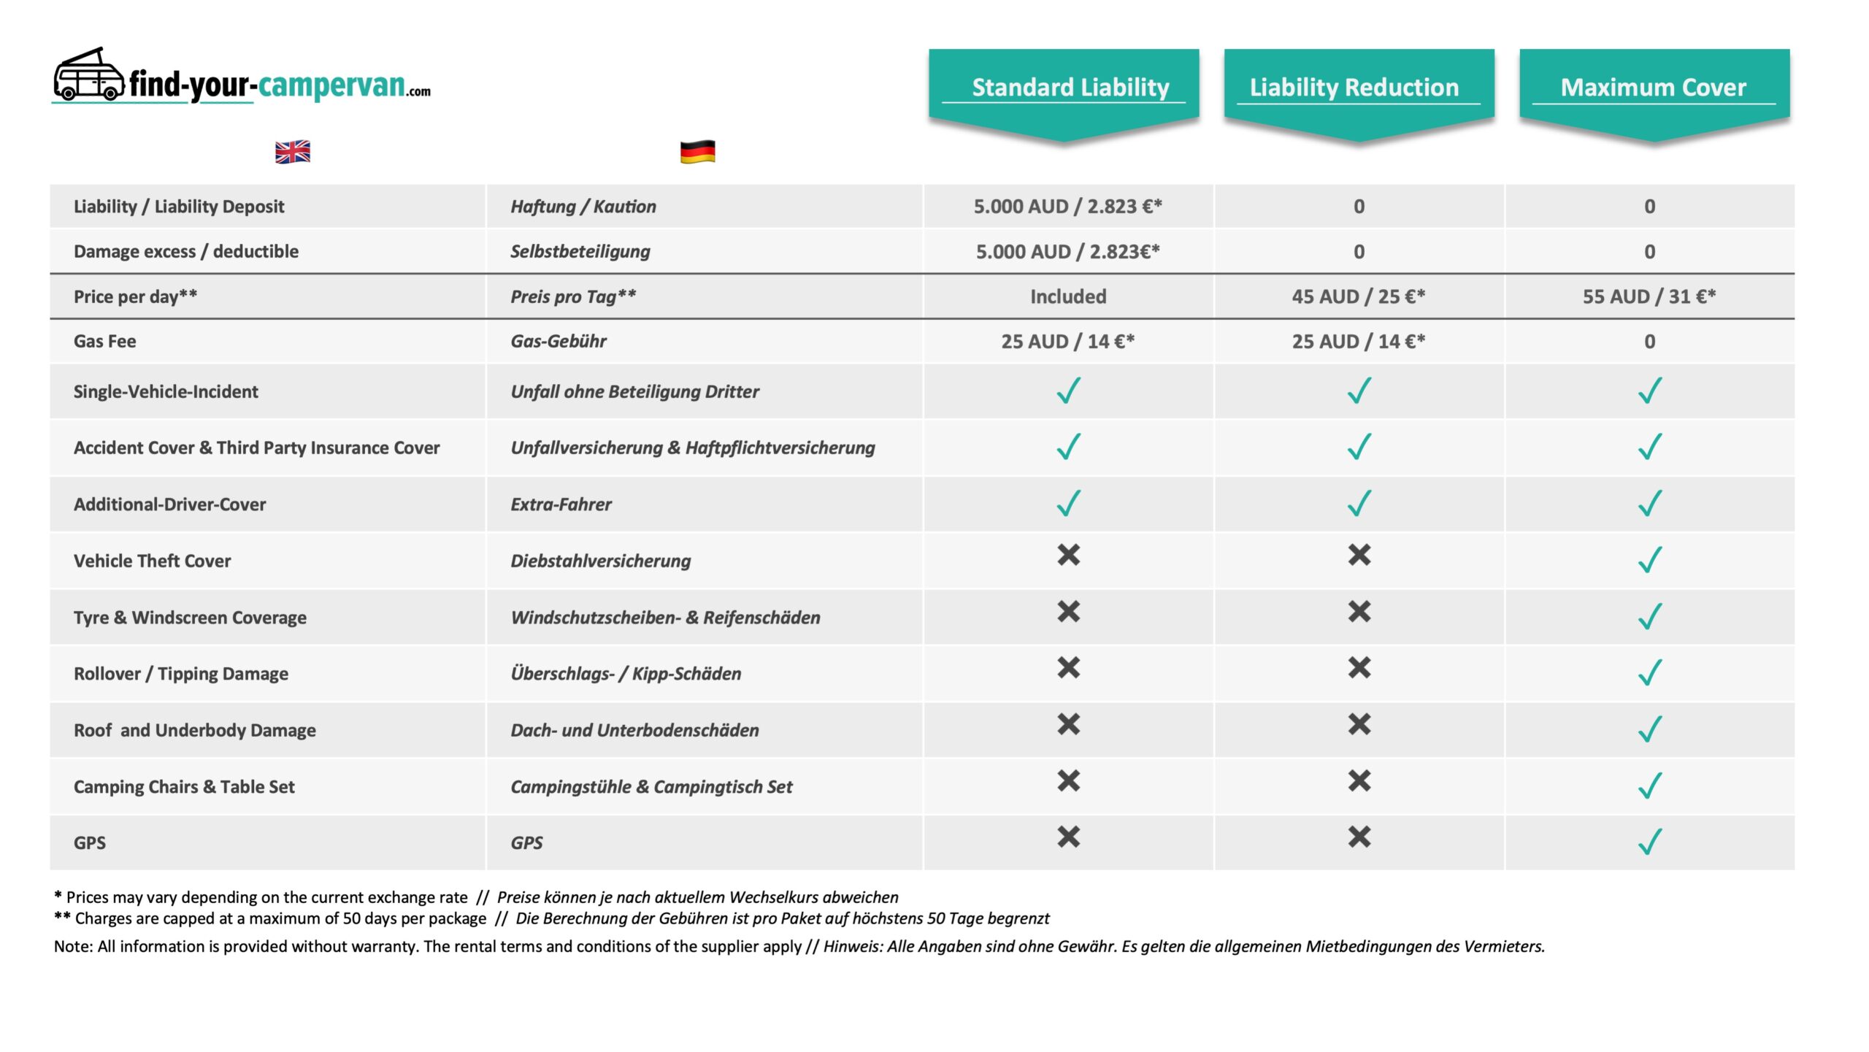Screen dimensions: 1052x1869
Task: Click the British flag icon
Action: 292,152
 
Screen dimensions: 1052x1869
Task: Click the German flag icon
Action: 697,152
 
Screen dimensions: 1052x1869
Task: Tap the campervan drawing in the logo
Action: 88,75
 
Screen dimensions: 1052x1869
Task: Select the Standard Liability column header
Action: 1070,88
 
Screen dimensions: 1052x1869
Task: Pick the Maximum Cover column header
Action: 1653,88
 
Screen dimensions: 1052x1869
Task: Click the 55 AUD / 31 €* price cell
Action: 1649,296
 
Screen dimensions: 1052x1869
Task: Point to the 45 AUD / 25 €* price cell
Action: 1358,296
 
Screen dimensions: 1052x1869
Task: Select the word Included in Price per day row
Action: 1068,296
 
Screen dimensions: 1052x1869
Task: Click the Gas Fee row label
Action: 105,341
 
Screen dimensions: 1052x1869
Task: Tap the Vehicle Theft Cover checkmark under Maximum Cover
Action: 1649,560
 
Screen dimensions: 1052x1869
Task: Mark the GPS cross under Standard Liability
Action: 1068,837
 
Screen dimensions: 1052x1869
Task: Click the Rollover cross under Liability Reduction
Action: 1359,667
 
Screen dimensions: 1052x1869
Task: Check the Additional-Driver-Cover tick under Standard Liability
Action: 1068,503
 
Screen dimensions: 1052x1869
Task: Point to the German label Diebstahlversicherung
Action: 600,561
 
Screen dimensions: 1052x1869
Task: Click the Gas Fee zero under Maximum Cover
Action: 1649,342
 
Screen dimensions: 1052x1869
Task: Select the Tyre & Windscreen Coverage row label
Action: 190,618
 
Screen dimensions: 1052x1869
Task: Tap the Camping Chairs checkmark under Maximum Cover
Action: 1649,786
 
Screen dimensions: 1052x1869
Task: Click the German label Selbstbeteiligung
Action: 580,251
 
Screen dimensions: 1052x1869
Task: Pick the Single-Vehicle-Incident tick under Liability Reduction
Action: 1359,391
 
